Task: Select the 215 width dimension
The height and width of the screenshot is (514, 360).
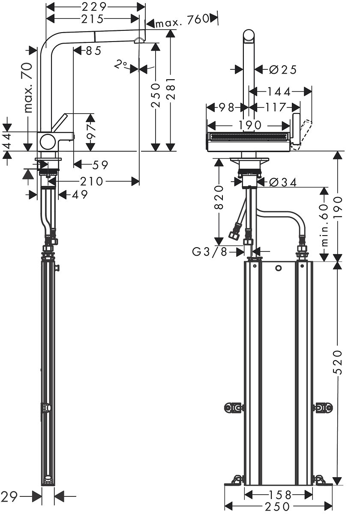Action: point(92,19)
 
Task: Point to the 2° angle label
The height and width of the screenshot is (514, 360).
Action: point(121,65)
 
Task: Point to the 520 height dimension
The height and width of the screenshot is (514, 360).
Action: point(338,362)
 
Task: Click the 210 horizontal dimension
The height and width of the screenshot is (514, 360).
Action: point(91,182)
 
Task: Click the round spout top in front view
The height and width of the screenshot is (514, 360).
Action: point(249,36)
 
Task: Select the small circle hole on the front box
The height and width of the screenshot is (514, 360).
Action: point(279,269)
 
